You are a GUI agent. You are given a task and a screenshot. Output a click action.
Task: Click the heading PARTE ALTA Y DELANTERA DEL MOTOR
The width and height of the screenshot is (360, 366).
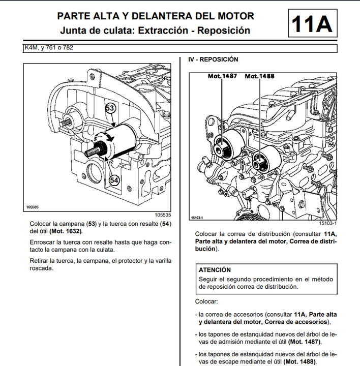[x=155, y=16]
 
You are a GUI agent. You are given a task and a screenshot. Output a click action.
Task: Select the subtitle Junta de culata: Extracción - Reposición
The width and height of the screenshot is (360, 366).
[x=155, y=30]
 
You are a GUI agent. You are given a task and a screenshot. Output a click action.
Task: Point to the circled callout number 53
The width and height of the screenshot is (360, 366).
[x=111, y=108]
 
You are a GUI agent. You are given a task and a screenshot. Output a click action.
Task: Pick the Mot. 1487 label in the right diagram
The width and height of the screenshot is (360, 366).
[x=222, y=76]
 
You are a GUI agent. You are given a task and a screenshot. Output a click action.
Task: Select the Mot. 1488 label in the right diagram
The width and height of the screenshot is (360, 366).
[x=259, y=76]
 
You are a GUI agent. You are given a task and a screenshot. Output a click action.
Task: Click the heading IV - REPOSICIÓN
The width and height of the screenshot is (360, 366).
[x=213, y=59]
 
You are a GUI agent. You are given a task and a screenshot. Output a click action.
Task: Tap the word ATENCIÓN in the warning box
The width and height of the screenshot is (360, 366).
[x=215, y=270]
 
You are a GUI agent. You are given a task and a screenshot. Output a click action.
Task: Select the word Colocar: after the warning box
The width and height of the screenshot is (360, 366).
[x=206, y=302]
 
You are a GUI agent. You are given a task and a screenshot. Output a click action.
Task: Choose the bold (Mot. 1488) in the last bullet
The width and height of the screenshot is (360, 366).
[x=299, y=361]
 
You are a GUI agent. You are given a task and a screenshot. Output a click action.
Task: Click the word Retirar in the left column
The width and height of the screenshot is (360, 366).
[x=41, y=261]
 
